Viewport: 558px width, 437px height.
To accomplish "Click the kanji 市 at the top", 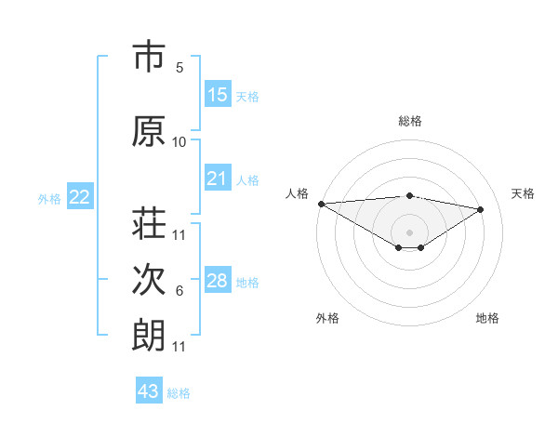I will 149,58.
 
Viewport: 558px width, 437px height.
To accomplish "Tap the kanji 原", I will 149,132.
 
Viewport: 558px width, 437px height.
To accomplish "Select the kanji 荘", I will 149,224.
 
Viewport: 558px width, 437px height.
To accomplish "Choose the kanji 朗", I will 149,336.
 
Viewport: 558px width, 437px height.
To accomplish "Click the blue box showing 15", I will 218,95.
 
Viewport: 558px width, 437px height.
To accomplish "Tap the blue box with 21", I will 218,179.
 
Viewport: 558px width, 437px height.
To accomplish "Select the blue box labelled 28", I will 218,281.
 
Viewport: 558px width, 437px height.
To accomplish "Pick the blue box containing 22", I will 80,197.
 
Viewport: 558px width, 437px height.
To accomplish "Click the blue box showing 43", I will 149,391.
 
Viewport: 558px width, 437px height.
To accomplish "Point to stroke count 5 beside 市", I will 179,68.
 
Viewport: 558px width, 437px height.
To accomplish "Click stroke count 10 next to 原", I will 179,142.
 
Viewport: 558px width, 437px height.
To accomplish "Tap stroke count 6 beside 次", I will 179,291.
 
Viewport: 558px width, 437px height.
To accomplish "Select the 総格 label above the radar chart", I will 409,121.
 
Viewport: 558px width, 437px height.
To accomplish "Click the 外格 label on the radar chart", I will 327,319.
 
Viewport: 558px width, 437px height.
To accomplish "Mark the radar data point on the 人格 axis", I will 321,204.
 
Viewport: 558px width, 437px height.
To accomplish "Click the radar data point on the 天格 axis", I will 481,209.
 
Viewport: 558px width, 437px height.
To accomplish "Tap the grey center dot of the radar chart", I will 409,231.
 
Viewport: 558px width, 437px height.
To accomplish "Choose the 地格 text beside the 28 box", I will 247,283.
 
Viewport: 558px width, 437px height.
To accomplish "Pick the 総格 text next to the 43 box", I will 179,393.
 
